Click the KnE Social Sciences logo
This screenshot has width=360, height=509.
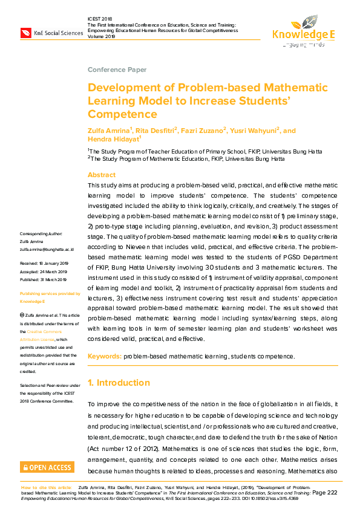(x=51, y=32)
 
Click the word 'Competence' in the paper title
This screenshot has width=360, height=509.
(x=122, y=114)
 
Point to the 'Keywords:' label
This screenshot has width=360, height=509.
(x=105, y=357)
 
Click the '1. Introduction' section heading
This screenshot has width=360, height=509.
(x=119, y=383)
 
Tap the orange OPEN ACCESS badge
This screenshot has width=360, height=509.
(x=47, y=467)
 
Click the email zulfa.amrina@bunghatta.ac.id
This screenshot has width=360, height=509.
(x=47, y=248)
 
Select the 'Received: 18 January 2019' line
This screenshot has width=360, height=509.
(x=44, y=264)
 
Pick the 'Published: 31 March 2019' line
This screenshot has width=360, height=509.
(x=45, y=279)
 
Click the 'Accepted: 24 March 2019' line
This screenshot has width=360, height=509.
(x=44, y=271)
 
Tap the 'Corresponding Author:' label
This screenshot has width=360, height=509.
(x=41, y=233)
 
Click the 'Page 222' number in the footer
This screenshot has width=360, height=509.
(x=324, y=493)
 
